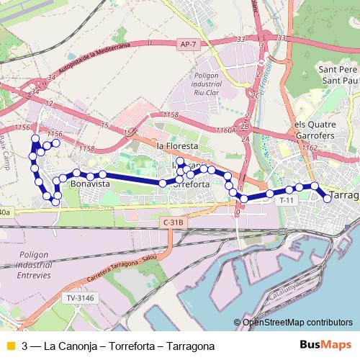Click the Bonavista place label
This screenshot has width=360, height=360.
(x=90, y=184)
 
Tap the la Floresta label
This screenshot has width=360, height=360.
(x=176, y=145)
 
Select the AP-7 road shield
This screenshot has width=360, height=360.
(x=185, y=45)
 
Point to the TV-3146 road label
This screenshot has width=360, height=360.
(x=79, y=297)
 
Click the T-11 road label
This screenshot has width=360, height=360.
(x=287, y=199)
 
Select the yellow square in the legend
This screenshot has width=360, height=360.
(x=9, y=346)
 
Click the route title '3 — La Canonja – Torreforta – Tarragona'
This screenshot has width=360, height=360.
(x=118, y=346)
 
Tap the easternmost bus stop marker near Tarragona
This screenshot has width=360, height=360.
(x=328, y=197)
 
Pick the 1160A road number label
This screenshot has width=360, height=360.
(x=225, y=130)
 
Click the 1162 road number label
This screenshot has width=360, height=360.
(x=310, y=148)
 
